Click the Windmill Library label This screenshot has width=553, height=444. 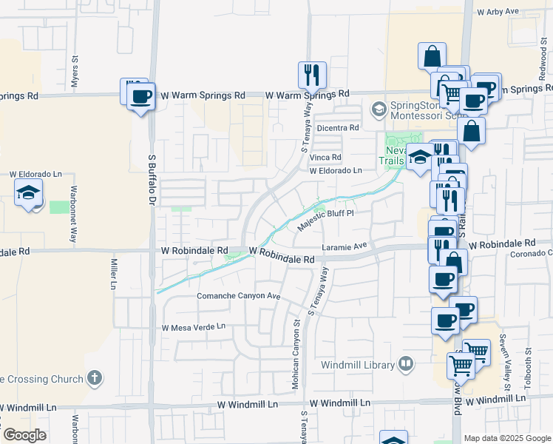click(358, 364)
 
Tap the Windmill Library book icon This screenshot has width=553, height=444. click(405, 363)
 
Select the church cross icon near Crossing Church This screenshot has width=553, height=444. click(93, 379)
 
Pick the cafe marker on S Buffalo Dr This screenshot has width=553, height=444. click(140, 96)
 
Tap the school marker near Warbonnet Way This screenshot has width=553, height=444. click(29, 194)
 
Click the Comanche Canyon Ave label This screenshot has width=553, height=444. click(239, 296)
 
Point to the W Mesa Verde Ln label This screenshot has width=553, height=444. click(194, 327)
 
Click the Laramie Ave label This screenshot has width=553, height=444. click(345, 246)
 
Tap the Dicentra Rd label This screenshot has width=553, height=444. click(337, 128)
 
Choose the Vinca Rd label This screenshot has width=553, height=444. click(325, 158)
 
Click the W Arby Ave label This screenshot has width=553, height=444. click(500, 13)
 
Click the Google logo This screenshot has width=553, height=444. click(24, 435)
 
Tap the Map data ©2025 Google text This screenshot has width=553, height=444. click(506, 438)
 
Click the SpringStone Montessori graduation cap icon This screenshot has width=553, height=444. click(379, 110)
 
